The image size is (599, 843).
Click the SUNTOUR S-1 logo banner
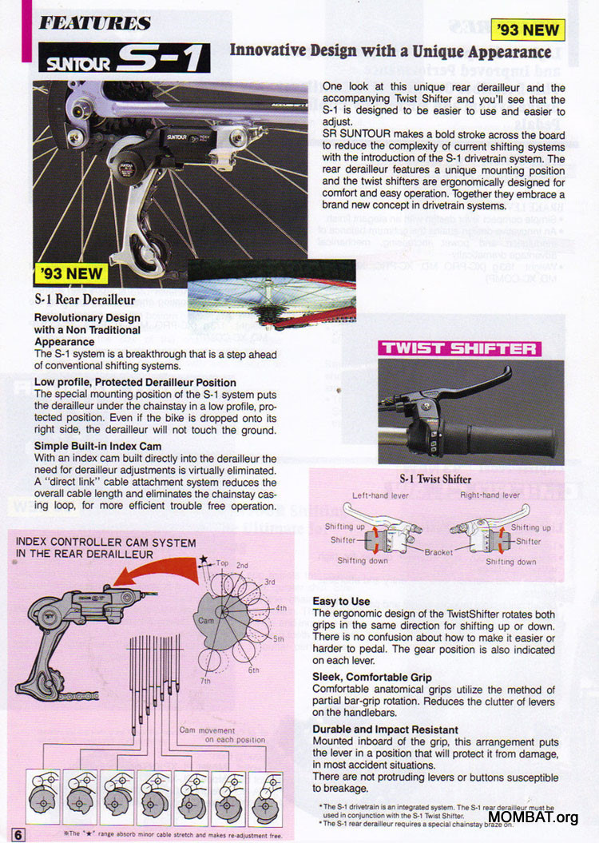point(125,58)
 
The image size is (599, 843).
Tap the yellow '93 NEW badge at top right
point(530,30)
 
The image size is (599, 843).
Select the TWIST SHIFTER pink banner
point(458,348)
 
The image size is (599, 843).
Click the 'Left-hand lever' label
point(381,496)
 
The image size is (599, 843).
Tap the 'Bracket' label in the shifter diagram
point(438,552)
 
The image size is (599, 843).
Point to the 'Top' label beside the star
point(222,563)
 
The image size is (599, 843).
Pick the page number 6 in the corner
point(18,834)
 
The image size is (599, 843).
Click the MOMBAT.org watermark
point(533,817)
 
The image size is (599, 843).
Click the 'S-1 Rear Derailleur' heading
point(85,300)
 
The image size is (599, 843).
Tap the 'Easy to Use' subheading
point(341,601)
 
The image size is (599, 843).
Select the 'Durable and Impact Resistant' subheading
point(385,730)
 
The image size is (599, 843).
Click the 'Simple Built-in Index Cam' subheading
point(97,447)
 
